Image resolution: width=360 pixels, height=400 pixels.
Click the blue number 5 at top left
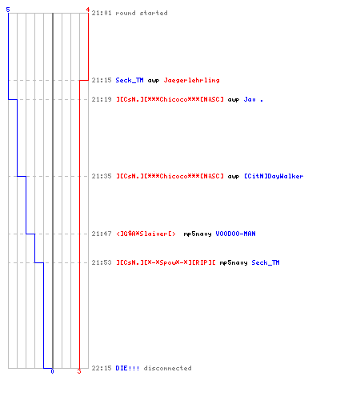[8, 10]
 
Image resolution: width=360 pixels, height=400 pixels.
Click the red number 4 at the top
[88, 10]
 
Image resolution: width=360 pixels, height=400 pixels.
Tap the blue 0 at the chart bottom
[52, 371]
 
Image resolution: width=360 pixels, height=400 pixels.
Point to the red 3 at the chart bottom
[79, 371]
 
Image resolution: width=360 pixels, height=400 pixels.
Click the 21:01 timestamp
[102, 13]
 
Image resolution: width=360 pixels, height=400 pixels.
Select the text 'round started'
[142, 13]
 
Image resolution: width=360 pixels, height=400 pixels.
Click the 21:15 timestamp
[102, 80]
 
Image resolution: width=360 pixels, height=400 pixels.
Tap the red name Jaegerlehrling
[192, 80]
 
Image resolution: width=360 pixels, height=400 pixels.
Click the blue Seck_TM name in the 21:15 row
[130, 80]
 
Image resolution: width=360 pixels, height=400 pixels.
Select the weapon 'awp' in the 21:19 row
[234, 100]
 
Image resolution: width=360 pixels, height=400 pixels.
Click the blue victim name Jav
[250, 99]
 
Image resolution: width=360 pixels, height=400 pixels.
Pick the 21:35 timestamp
[102, 176]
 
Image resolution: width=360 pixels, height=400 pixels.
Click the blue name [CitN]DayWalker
[274, 176]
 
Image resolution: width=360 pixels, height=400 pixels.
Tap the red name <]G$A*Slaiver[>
[146, 234]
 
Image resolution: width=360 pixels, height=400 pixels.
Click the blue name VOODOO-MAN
[236, 234]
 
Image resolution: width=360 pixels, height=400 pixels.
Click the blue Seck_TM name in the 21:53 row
[266, 262]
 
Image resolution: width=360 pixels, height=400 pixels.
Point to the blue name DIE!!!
[127, 368]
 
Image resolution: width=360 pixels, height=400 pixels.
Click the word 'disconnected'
[168, 368]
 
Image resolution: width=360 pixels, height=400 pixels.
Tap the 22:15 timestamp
[102, 368]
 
